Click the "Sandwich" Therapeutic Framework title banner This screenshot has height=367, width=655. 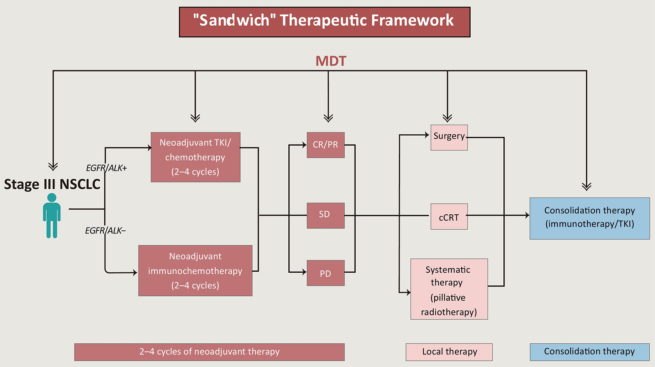[x=325, y=22]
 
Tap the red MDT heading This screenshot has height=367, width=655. [x=331, y=61]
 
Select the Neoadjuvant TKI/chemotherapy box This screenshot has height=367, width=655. [x=195, y=157]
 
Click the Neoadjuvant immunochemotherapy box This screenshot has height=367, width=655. [x=195, y=271]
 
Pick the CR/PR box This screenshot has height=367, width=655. [x=326, y=145]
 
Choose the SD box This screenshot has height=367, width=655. [x=326, y=215]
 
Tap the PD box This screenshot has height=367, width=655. [x=326, y=273]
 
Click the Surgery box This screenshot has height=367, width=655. [x=449, y=137]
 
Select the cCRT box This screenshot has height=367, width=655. [x=449, y=216]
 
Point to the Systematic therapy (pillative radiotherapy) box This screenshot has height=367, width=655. [x=449, y=289]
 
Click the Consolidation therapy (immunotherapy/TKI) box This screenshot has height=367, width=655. [x=590, y=219]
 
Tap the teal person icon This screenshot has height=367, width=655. [x=52, y=216]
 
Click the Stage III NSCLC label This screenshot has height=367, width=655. [x=52, y=184]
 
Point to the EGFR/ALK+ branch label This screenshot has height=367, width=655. [x=106, y=168]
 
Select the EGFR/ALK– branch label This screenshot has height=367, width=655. [x=105, y=231]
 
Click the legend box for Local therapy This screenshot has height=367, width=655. [x=449, y=352]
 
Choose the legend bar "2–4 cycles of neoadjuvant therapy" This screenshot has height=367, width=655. [x=209, y=352]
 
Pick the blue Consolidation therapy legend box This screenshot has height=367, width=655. [x=590, y=352]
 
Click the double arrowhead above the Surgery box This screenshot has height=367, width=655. [x=447, y=118]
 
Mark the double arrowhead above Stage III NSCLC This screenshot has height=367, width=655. [x=53, y=166]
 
